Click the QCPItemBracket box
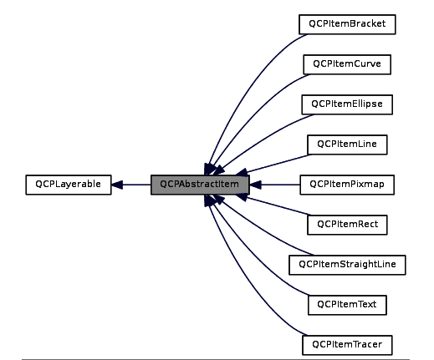click(x=346, y=24)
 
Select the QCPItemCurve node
click(x=346, y=64)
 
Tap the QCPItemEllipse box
click(x=346, y=104)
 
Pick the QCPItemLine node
click(x=346, y=145)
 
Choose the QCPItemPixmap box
click(x=346, y=185)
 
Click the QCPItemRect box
click(x=346, y=225)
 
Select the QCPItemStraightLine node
click(x=346, y=265)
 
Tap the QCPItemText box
click(x=346, y=305)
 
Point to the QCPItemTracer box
click(x=346, y=344)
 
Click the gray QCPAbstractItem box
click(x=200, y=185)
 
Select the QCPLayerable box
click(x=68, y=185)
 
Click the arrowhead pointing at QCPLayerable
click(x=118, y=185)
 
